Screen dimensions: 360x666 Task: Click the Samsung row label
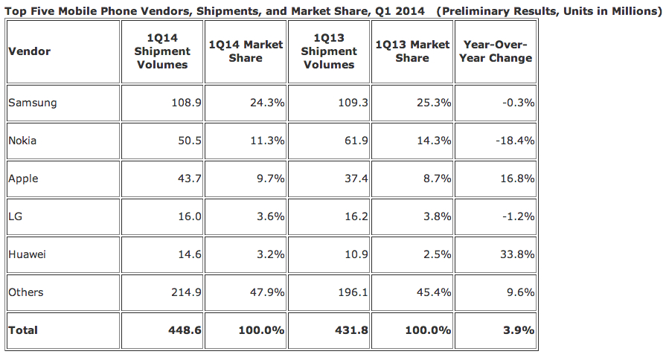(x=32, y=103)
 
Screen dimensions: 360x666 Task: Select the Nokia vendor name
(x=23, y=141)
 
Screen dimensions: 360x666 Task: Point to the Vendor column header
(x=29, y=51)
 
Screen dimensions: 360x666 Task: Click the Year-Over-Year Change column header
(x=496, y=51)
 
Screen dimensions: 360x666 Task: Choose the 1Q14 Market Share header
(x=246, y=51)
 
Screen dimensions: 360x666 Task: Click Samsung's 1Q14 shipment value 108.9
(x=186, y=103)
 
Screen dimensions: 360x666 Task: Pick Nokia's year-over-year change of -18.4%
(x=513, y=141)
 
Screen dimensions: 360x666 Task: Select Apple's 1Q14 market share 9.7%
(x=270, y=179)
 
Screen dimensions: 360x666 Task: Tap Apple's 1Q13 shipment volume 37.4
(x=353, y=179)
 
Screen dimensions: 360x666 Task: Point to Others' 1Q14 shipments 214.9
(x=186, y=292)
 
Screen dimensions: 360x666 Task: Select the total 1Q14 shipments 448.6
(x=185, y=330)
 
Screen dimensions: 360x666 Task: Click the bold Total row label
(x=23, y=330)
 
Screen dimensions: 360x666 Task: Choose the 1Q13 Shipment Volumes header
(x=329, y=51)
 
